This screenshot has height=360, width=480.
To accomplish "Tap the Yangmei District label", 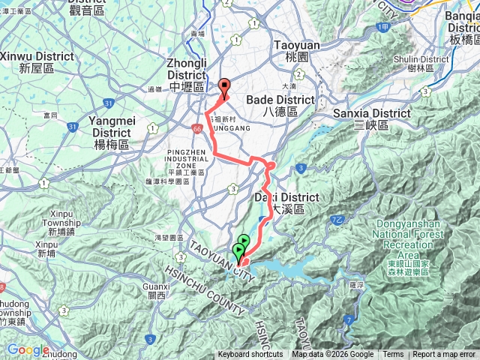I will pyautogui.click(x=111, y=127).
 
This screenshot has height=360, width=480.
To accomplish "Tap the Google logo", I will pyautogui.click(x=28, y=350).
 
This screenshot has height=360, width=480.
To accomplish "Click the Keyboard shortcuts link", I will pyautogui.click(x=250, y=355).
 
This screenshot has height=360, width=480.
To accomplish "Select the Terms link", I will pyautogui.click(x=393, y=355).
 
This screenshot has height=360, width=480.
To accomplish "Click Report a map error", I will pyautogui.click(x=444, y=355).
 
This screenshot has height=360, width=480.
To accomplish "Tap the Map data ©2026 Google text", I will pyautogui.click(x=333, y=355).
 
